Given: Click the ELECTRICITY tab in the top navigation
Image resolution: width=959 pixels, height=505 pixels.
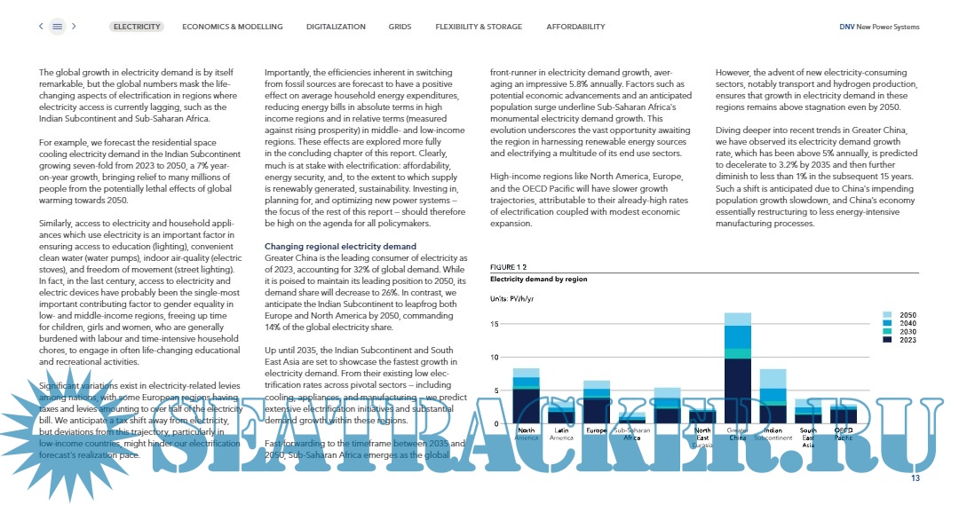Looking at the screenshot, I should point(137,27).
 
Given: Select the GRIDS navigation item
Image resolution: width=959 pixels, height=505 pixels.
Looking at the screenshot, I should point(400,27).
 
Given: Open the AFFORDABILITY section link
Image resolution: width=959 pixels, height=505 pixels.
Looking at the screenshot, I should point(575,27).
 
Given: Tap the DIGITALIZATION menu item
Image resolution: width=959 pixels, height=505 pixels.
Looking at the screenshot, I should point(336,27).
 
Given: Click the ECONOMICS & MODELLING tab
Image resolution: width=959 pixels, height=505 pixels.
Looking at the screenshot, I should point(233,27).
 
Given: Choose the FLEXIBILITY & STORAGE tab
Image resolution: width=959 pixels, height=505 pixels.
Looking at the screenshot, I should point(479,27).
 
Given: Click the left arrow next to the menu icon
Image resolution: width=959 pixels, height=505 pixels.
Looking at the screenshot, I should point(41,27).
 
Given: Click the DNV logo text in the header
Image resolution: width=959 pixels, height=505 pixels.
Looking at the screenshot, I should point(847,27).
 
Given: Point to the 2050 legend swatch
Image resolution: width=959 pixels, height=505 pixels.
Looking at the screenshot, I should point(887,315).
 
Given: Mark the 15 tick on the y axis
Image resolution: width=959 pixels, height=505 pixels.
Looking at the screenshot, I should point(495,324).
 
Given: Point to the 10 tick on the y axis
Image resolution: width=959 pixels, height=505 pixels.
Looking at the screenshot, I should point(495,357).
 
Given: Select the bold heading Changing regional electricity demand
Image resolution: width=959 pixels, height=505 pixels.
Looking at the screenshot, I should point(340,246).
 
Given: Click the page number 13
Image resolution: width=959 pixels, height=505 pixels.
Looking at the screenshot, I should point(915,479).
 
